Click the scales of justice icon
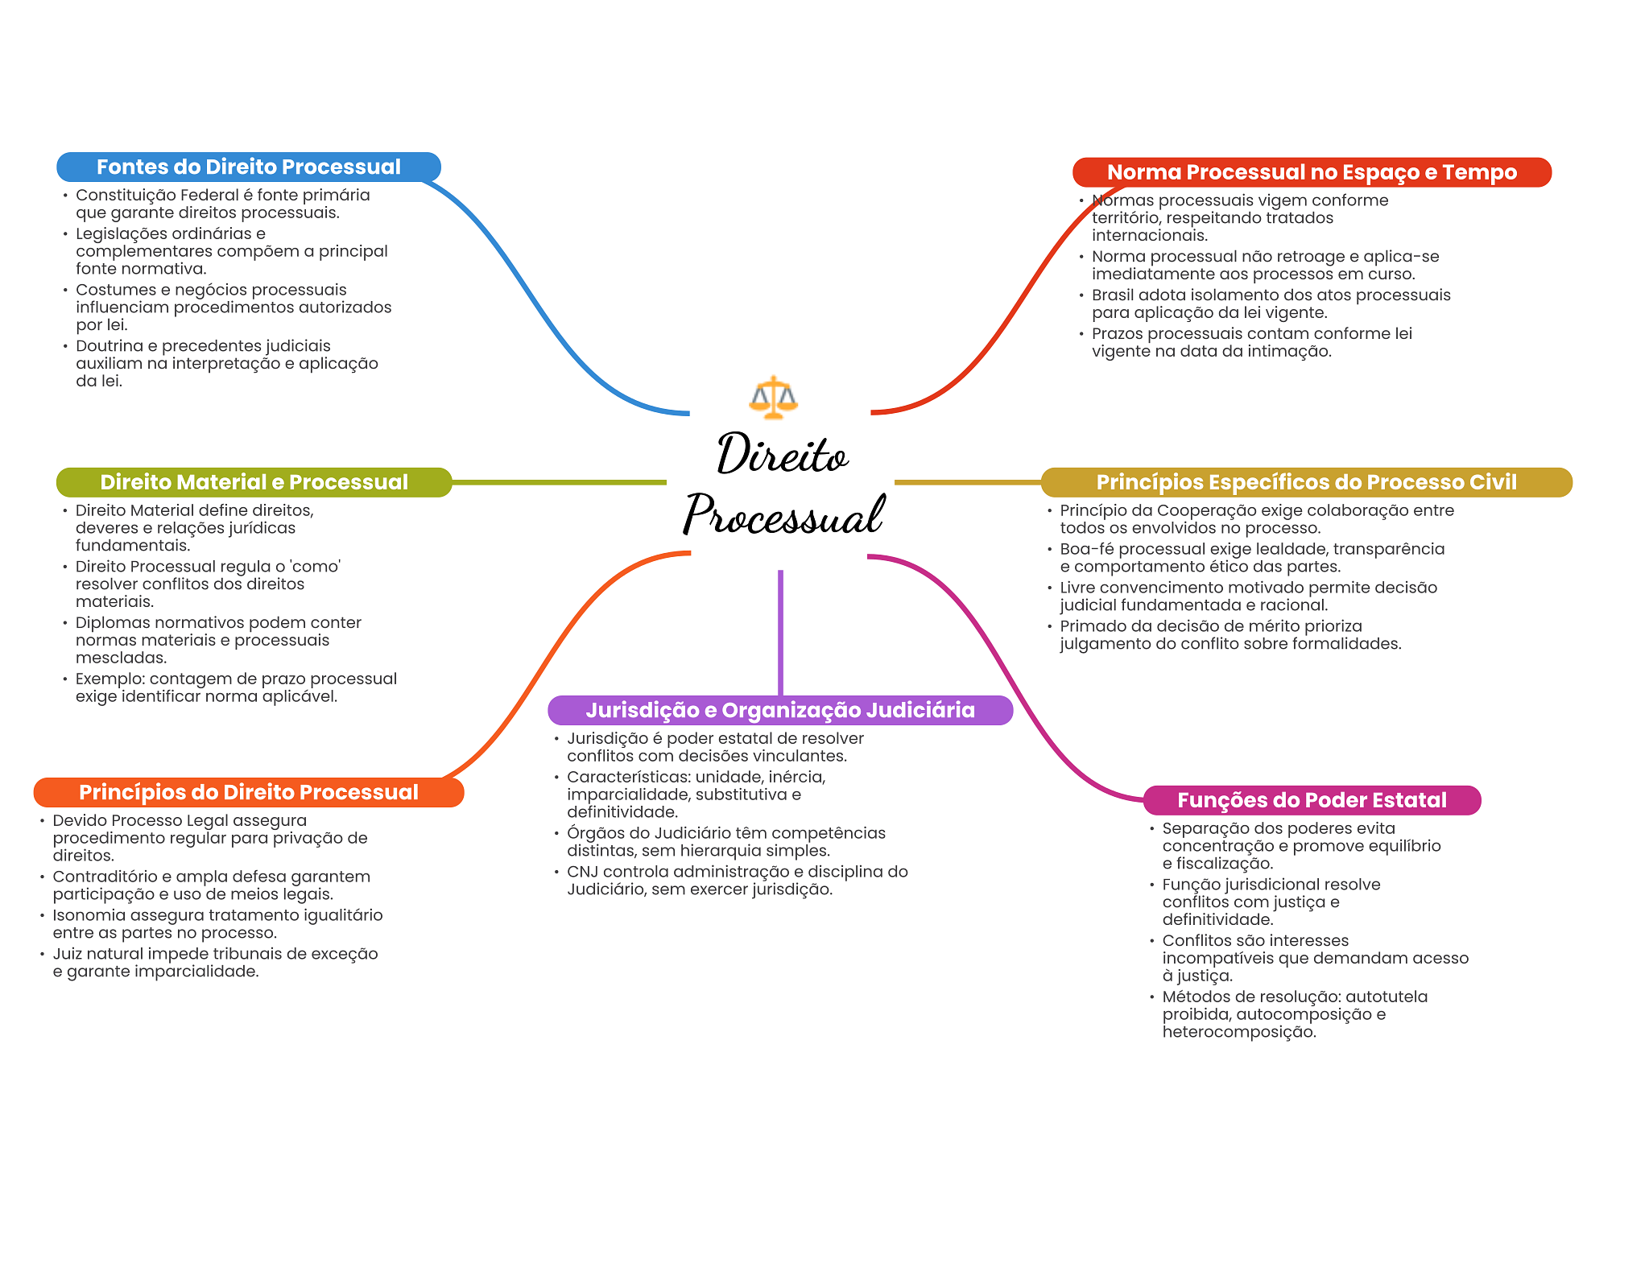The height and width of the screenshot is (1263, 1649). coord(773,398)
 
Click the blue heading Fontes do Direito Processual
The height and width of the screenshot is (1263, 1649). coord(249,167)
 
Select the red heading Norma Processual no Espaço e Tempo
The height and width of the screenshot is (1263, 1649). coord(1312,172)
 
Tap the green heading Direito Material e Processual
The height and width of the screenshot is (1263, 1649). coord(254,482)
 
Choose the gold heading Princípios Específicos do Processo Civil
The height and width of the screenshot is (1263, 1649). coord(1306,482)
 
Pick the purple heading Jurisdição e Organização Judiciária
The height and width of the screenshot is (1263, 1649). coord(780,710)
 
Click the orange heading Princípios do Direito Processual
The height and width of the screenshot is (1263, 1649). coord(249,792)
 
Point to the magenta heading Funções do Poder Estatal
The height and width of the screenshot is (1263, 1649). coord(1312,800)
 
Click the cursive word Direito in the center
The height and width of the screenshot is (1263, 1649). coord(782,454)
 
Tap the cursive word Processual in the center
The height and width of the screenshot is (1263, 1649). coord(784,514)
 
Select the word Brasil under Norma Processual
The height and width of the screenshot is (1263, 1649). coord(1113,295)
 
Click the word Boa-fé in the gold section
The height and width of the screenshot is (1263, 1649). coord(1087,549)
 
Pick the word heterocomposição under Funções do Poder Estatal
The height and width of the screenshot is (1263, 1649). coord(1239,1032)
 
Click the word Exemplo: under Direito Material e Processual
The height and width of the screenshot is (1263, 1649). coord(110,679)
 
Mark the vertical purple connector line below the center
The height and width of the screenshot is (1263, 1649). coord(780,633)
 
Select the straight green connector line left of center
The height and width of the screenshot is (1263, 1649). coord(560,482)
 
